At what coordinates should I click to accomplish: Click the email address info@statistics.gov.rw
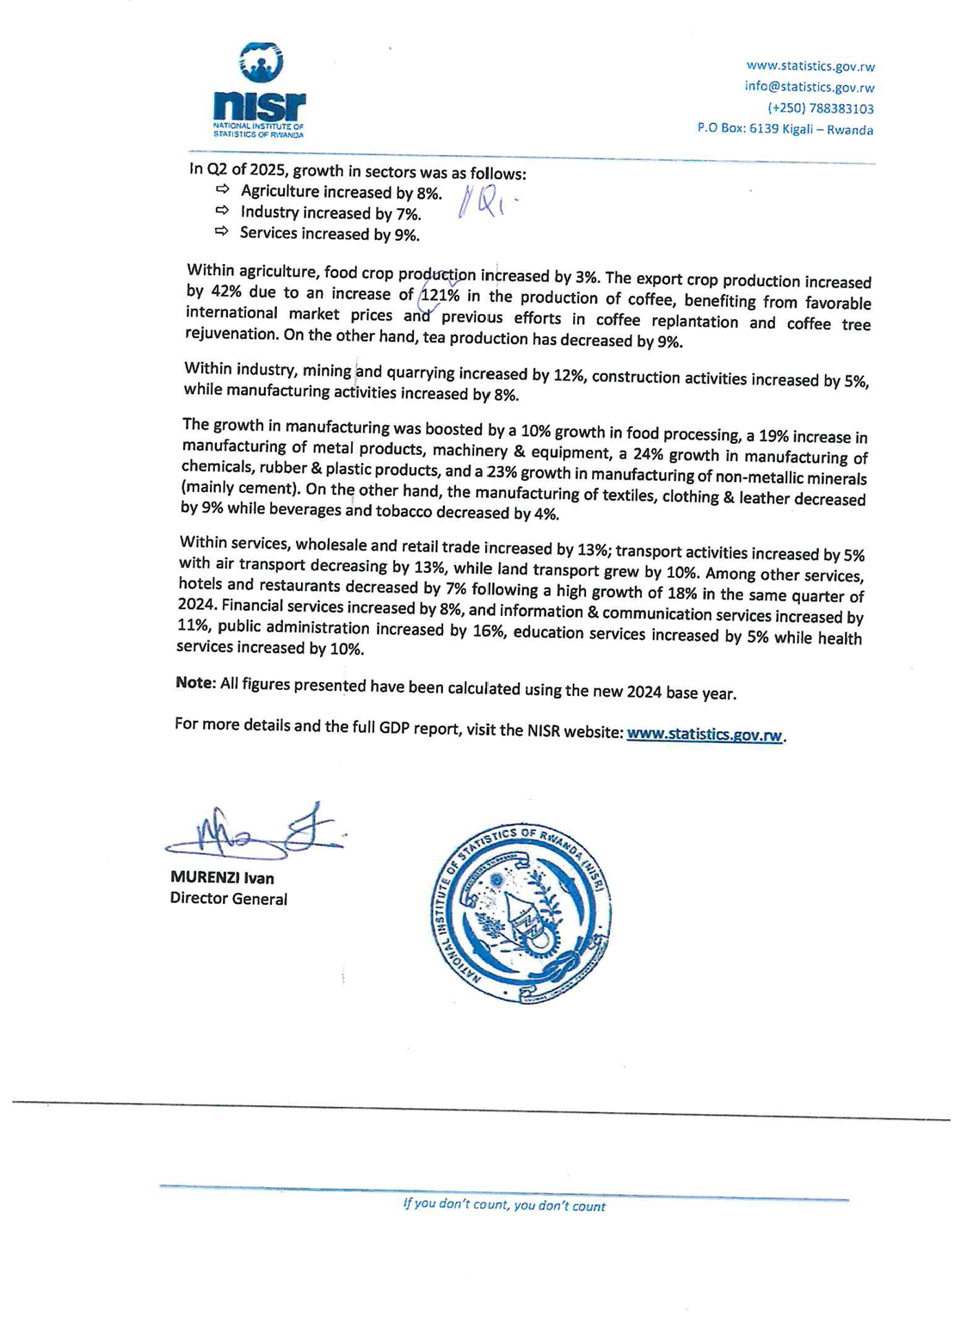[x=809, y=87]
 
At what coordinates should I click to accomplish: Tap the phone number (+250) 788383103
[x=820, y=108]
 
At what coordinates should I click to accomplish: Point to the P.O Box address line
[x=785, y=130]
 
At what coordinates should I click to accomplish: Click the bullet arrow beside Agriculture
[x=222, y=189]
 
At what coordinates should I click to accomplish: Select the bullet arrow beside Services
[x=222, y=231]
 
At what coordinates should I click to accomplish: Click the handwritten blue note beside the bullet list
[x=487, y=201]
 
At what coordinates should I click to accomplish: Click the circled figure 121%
[x=440, y=296]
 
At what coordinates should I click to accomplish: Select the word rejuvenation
[x=230, y=334]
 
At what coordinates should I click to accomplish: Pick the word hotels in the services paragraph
[x=200, y=584]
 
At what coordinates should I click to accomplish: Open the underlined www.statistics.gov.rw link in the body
[x=705, y=735]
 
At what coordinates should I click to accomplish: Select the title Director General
[x=229, y=899]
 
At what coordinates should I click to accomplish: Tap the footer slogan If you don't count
[x=504, y=1206]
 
